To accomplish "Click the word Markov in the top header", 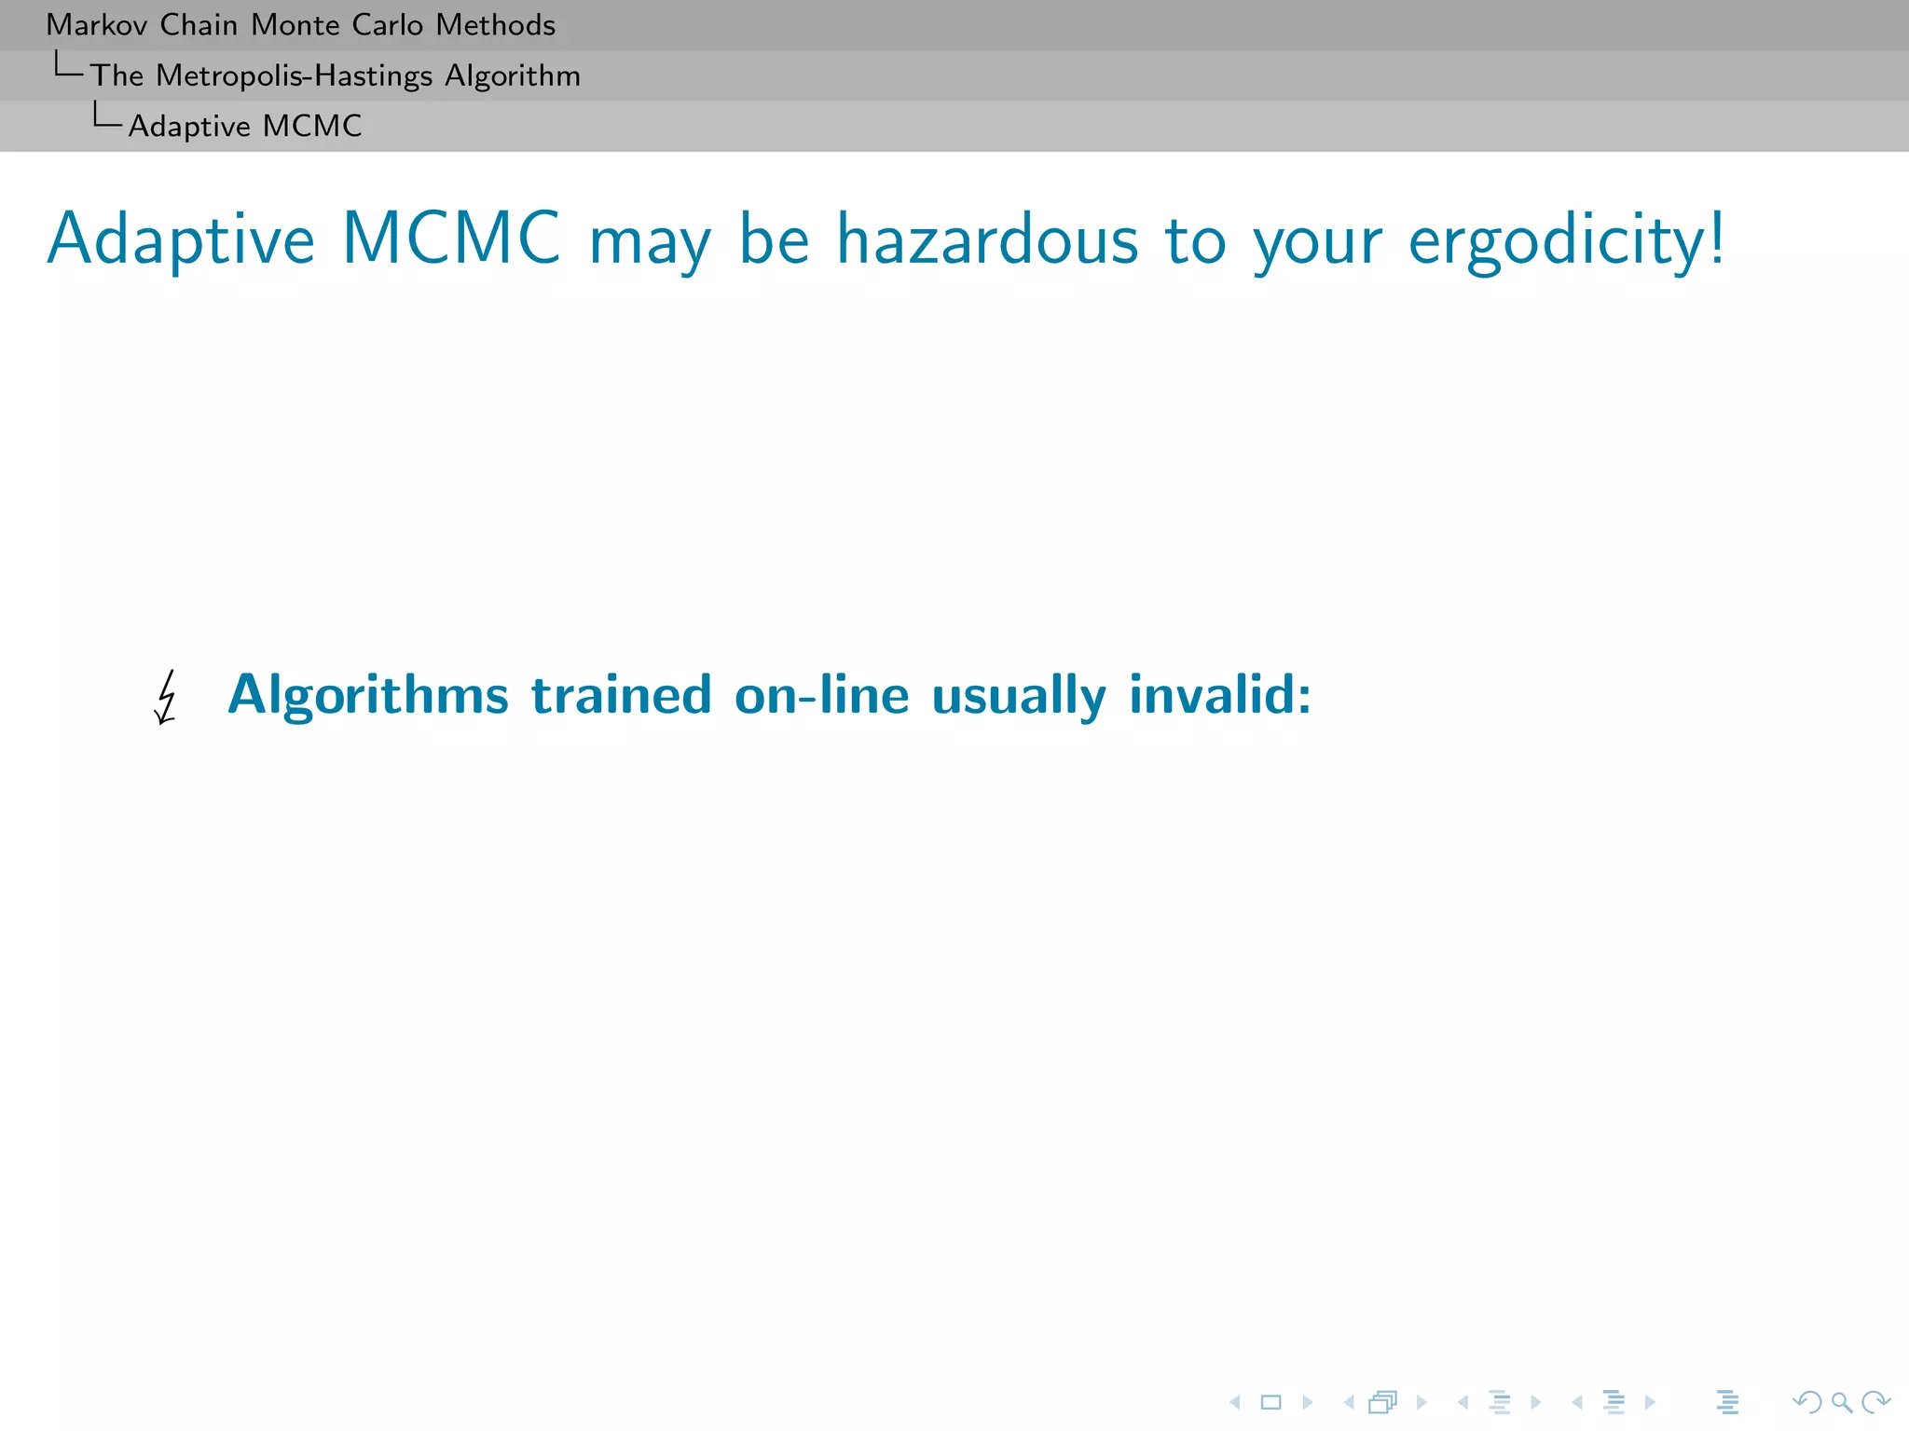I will click(96, 25).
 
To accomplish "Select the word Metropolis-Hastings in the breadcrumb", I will click(295, 75).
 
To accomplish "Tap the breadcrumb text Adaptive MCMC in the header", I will click(245, 126).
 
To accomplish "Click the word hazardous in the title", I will click(987, 239).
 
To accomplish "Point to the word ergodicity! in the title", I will click(1566, 241).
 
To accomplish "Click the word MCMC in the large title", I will click(451, 239).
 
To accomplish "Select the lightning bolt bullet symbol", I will click(166, 697).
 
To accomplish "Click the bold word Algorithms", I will click(368, 695).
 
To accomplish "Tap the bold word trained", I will click(621, 695).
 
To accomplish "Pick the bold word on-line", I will click(821, 695).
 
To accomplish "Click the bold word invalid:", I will click(1220, 695).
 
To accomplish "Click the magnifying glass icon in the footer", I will click(1841, 1402).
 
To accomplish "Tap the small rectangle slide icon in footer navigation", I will click(1270, 1402).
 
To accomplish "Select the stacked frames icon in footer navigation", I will click(1383, 1402).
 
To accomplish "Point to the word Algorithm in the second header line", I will click(513, 76).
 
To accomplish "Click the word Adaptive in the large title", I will click(182, 241).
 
